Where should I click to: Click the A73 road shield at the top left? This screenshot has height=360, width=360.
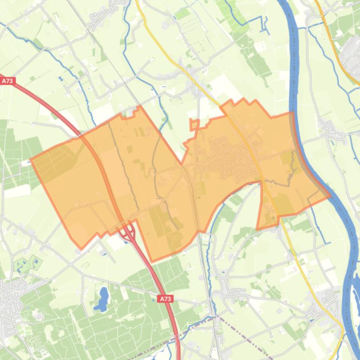(7, 81)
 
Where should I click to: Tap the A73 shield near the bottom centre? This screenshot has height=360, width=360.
(165, 299)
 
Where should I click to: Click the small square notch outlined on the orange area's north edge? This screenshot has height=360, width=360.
(194, 124)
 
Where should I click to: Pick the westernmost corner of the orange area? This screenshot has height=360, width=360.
(31, 160)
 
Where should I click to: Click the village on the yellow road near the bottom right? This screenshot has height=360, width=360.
(328, 299)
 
